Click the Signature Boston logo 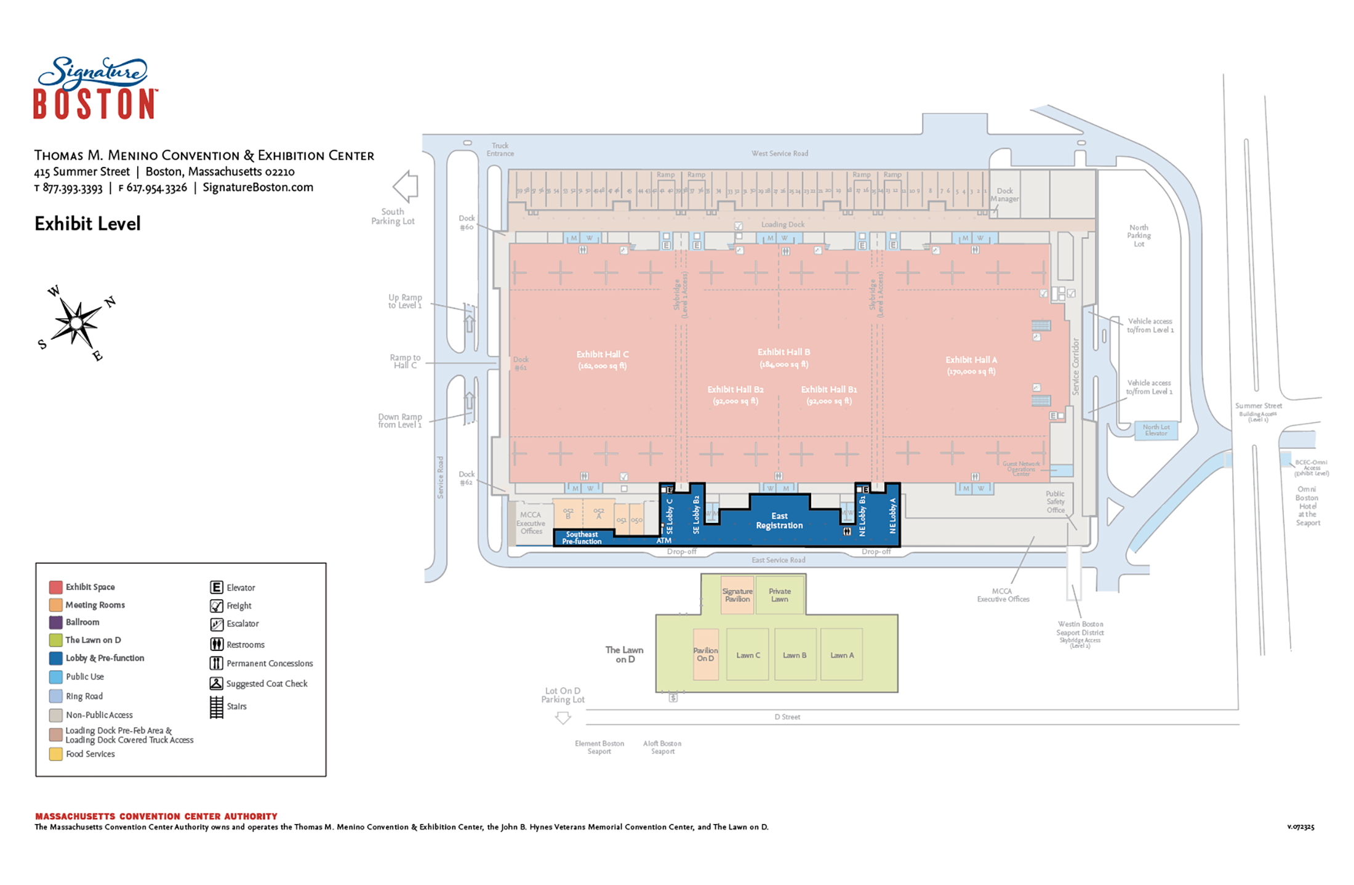point(95,88)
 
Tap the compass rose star point(76,322)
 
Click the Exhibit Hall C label point(602,360)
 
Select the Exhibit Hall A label point(971,365)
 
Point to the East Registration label point(779,521)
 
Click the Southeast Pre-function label point(582,538)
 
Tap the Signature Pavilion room point(737,595)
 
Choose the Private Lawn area point(780,595)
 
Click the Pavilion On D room point(705,654)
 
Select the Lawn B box point(795,655)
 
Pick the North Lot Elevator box point(1156,430)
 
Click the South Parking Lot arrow point(406,186)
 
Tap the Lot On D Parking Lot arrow point(563,717)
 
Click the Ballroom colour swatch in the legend point(56,623)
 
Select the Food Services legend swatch point(56,754)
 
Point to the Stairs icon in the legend point(217,707)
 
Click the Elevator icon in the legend point(217,588)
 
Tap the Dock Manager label point(1004,195)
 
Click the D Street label point(787,717)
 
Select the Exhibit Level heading point(87,224)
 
